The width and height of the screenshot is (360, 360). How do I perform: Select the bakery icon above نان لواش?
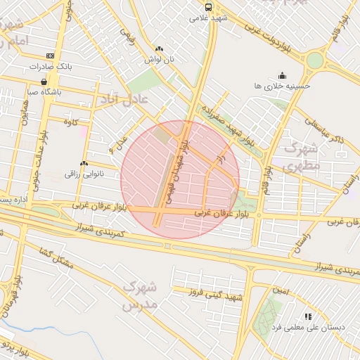pyautogui.click(x=158, y=49)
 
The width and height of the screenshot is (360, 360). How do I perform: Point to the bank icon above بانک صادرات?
pyautogui.click(x=50, y=56)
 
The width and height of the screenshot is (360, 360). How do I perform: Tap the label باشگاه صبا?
pyautogui.click(x=44, y=91)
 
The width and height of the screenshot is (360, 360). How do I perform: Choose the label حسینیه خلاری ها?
pyautogui.click(x=282, y=84)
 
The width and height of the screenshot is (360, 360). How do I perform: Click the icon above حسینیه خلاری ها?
pyautogui.click(x=282, y=74)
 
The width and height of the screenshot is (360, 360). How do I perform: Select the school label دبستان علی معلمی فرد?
pyautogui.click(x=307, y=328)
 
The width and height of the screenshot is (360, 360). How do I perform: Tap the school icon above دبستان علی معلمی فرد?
pyautogui.click(x=307, y=317)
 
